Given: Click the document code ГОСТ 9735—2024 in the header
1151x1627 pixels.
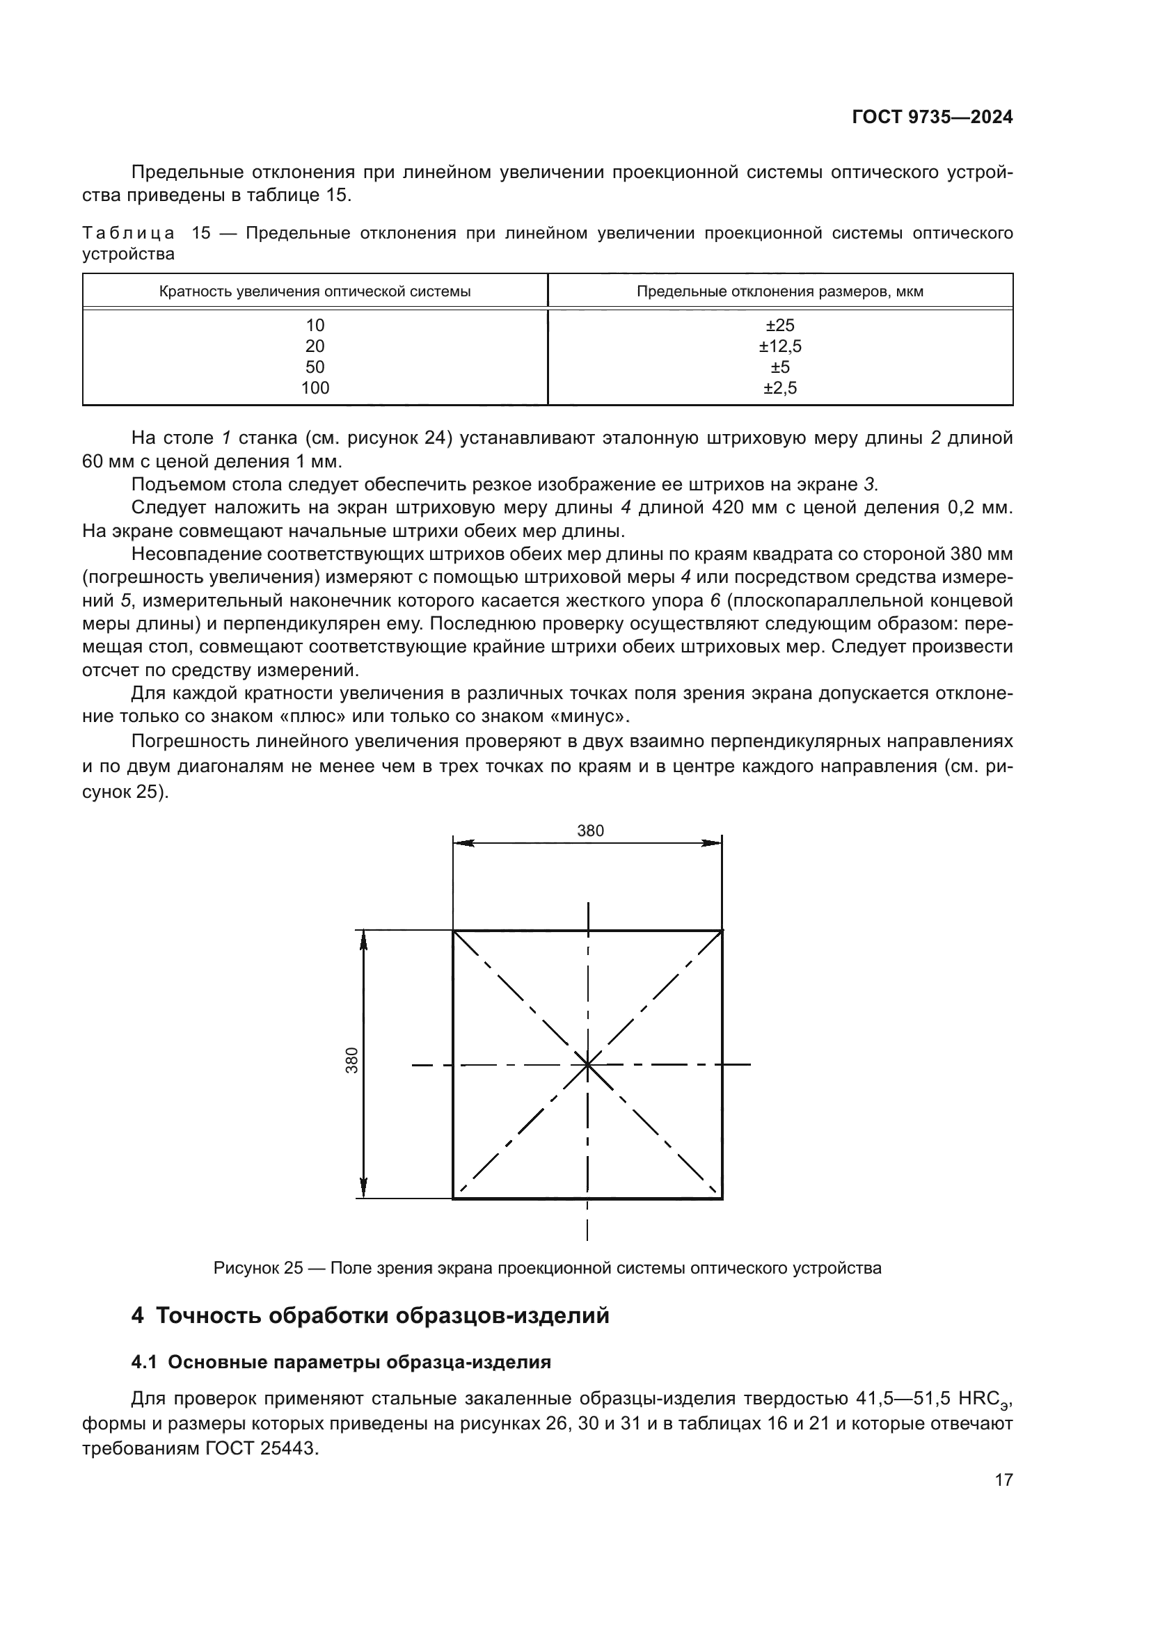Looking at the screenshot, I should click(x=932, y=118).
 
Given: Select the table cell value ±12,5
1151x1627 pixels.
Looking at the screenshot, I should click(x=779, y=346).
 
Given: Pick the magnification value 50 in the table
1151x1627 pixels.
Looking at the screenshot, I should click(x=315, y=367).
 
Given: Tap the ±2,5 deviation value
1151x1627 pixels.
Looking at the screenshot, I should click(x=779, y=388).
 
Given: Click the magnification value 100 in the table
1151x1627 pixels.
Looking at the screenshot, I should click(x=315, y=388).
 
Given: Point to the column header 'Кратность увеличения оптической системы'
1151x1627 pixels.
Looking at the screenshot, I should click(x=315, y=291).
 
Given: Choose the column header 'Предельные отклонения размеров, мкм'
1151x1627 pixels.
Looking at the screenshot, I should click(x=779, y=291).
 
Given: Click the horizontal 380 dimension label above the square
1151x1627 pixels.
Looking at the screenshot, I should click(x=590, y=831).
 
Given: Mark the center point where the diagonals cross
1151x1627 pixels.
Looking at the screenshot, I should click(x=587, y=1064).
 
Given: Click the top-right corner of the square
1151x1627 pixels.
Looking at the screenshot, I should click(x=722, y=931).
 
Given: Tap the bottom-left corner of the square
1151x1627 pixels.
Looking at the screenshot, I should click(x=454, y=1199).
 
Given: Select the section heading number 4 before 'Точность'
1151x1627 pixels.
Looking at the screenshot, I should click(x=138, y=1316).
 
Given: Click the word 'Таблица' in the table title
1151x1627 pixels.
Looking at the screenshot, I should click(x=128, y=233).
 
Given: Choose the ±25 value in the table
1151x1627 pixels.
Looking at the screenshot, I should click(x=779, y=326).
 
